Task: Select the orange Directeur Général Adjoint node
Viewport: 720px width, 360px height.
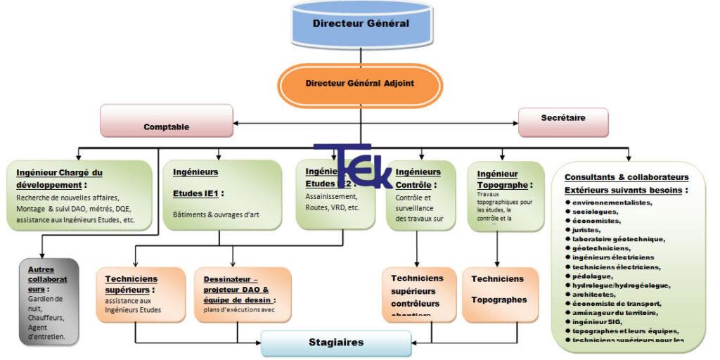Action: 360,83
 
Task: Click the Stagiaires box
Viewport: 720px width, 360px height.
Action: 336,343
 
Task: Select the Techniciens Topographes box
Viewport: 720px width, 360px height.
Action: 499,289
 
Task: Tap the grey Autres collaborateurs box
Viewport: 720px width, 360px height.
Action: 49,302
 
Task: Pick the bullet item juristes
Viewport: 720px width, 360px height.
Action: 586,229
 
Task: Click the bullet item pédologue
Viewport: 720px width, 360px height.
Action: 592,276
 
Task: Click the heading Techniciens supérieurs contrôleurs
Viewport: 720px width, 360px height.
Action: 417,290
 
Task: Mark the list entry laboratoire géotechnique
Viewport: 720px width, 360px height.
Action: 618,239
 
